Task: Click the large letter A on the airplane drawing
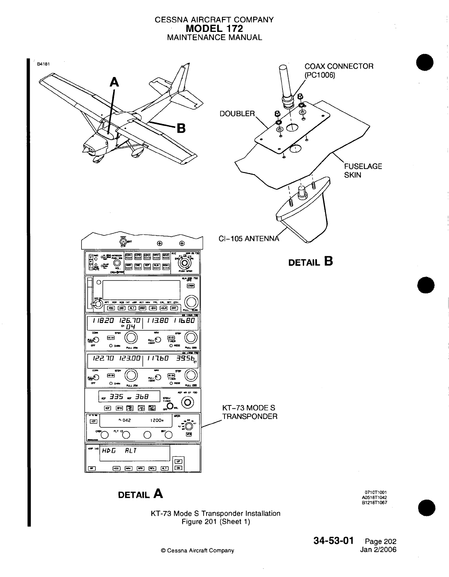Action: (115, 83)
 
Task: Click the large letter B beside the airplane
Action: (181, 129)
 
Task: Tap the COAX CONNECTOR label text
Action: (339, 66)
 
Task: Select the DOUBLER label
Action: (237, 114)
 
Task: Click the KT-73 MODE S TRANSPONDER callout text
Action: (249, 412)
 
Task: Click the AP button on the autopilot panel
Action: (90, 468)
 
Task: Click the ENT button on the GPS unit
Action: (175, 308)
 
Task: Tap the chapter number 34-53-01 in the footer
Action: (334, 541)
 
